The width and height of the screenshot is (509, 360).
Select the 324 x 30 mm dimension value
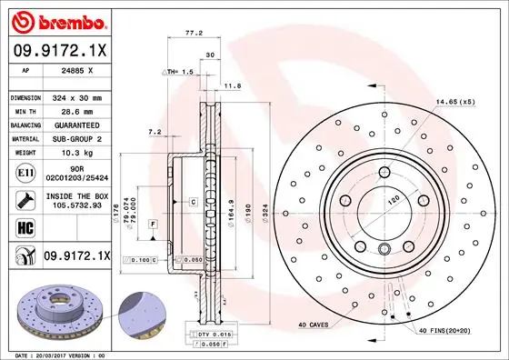pos(77,97)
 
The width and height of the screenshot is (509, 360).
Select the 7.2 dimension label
pos(155,132)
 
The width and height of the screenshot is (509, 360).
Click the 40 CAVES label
pos(315,325)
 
